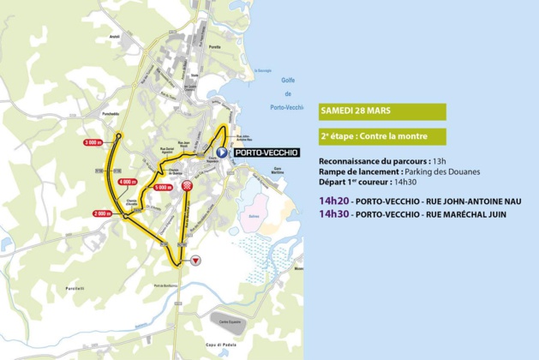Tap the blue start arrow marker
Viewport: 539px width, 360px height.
click(221, 153)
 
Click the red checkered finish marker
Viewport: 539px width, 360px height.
click(187, 185)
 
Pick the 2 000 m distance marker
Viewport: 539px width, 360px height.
click(102, 213)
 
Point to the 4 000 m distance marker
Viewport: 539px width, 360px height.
click(128, 182)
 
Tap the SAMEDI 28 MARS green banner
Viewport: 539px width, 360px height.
click(382, 111)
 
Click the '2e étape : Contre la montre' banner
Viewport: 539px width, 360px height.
click(382, 136)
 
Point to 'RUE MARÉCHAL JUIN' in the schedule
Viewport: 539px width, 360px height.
click(463, 214)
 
